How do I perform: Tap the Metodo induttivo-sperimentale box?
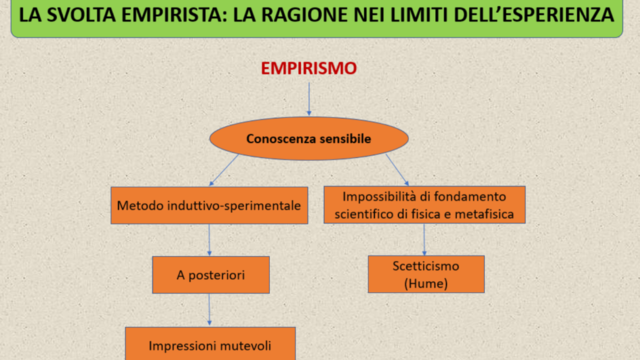pos(209,205)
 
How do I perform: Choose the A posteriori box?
pos(211,274)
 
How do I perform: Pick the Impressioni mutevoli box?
pos(210,345)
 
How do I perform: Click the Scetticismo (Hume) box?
pos(425,274)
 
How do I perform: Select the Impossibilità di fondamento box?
pos(425,204)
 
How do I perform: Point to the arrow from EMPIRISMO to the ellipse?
pos(309,99)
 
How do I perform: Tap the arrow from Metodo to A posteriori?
pos(209,240)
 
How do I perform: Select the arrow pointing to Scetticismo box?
pos(425,239)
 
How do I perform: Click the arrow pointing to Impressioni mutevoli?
pos(209,310)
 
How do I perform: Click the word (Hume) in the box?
pos(425,284)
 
